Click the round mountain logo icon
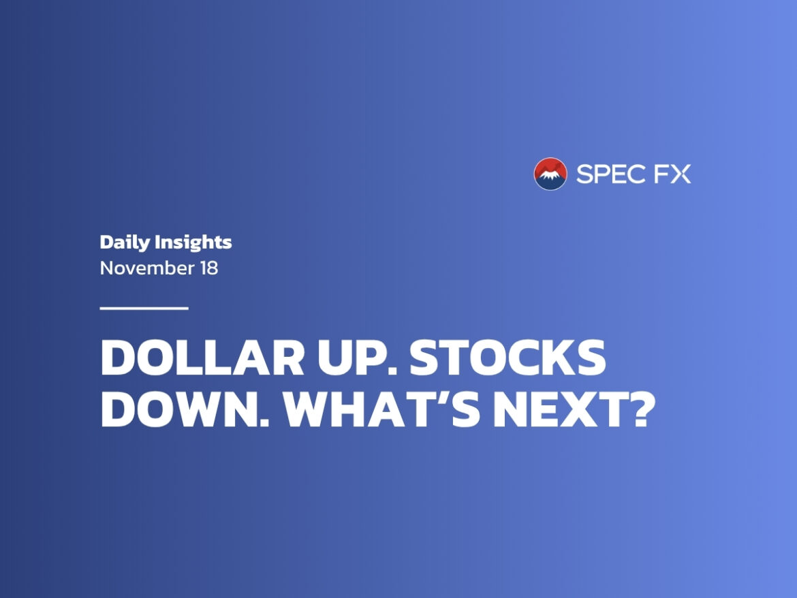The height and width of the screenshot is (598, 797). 550,174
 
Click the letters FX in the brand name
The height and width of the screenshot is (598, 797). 672,174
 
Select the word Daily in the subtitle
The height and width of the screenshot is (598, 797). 125,242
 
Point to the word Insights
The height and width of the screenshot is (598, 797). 193,242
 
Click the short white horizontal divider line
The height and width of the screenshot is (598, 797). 144,308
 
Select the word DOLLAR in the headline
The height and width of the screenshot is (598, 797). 202,357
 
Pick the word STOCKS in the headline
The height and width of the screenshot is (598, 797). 507,357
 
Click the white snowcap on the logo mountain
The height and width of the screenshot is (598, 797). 551,175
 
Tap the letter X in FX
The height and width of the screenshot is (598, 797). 681,174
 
